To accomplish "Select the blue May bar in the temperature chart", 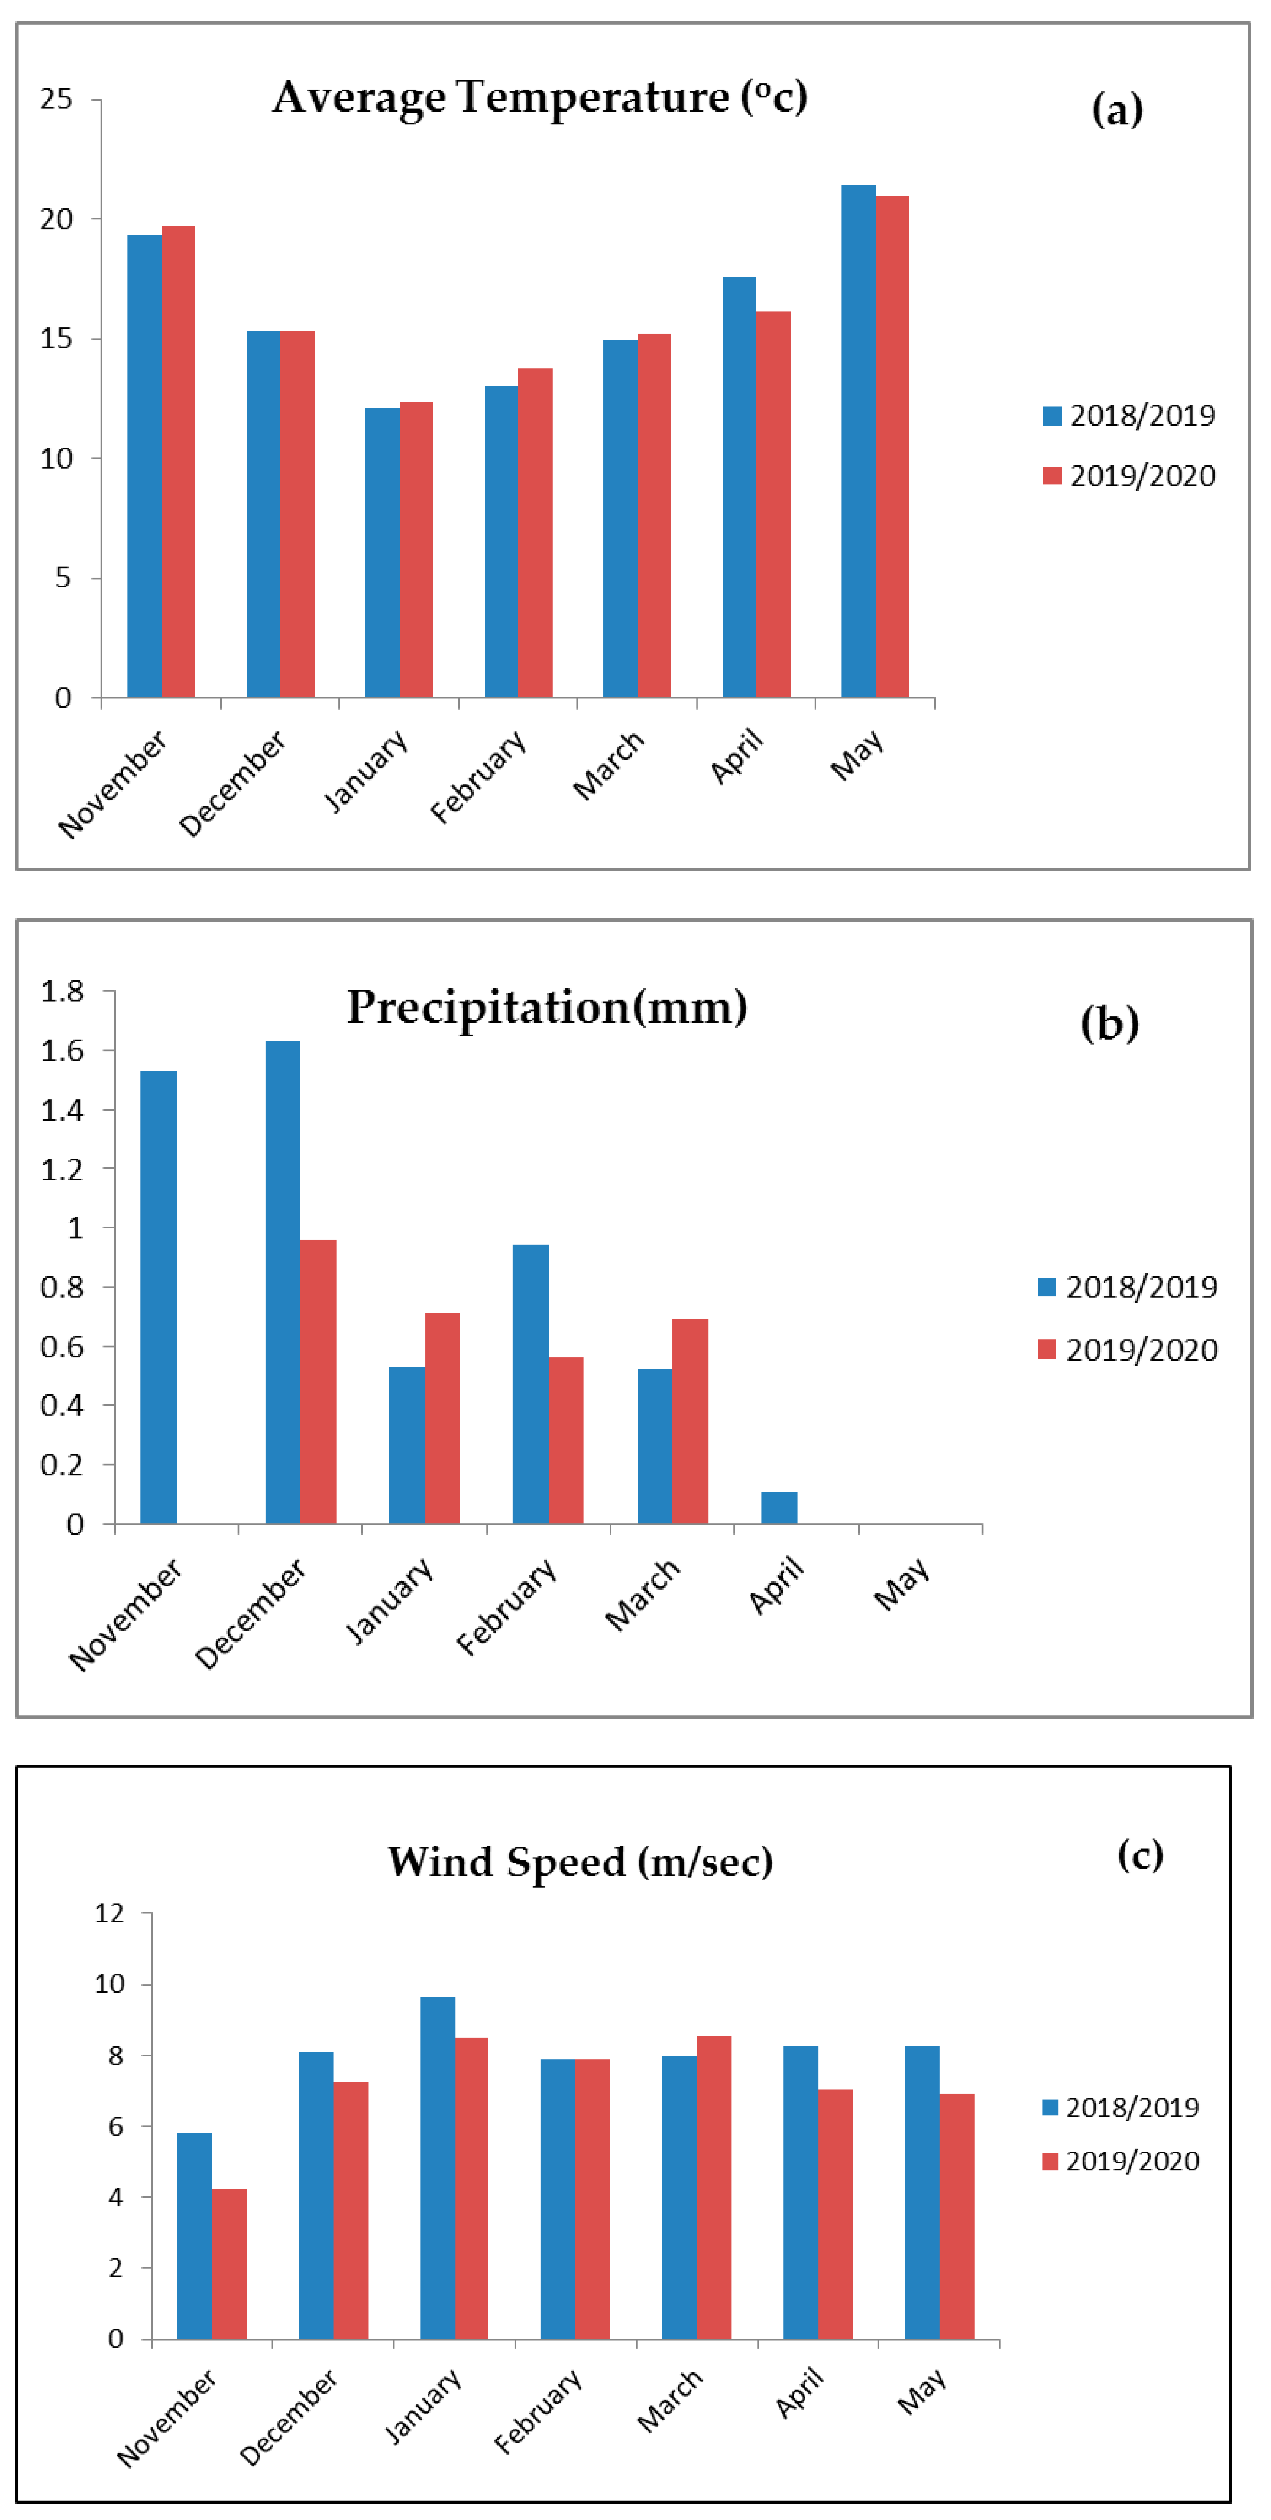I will pos(858,440).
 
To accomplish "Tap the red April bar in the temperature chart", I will pos(773,504).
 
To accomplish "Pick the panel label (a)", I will pos(1116,110).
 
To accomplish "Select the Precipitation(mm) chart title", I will pos(547,1007).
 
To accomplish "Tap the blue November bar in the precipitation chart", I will pos(159,1297).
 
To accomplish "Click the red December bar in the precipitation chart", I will pos(318,1381).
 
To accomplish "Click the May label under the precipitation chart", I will pos(901,1585).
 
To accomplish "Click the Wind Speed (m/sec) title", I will pos(580,1861).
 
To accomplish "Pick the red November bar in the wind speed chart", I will pos(229,2265).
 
